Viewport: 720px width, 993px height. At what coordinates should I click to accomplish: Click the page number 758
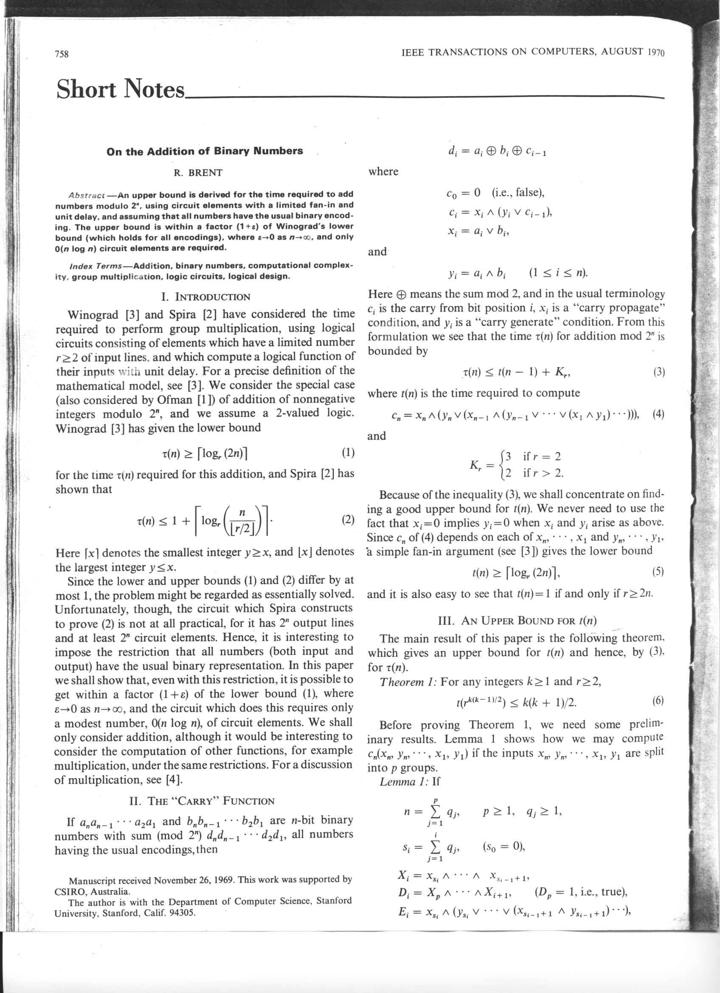(62, 54)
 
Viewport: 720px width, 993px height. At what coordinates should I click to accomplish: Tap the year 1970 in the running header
(655, 53)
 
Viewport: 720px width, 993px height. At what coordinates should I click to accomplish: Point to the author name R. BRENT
(198, 172)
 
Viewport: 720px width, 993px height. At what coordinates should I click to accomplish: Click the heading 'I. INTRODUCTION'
(206, 297)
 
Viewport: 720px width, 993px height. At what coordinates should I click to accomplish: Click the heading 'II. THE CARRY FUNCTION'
(202, 801)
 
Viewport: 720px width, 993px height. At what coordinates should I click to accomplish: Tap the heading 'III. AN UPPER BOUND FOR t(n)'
(517, 620)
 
